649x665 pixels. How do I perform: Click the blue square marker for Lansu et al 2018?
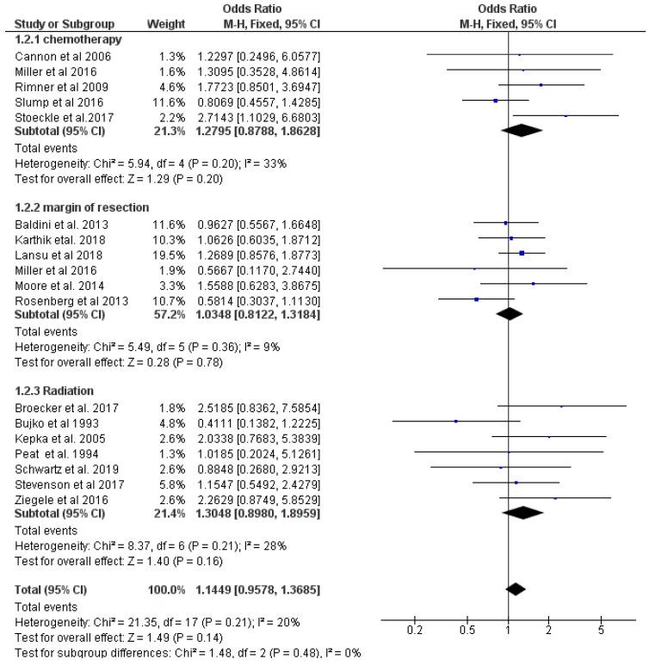coord(522,253)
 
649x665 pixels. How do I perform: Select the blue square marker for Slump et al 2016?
coord(496,100)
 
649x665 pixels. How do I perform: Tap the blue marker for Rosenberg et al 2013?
coord(476,299)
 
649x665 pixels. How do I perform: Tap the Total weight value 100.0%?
coord(158,589)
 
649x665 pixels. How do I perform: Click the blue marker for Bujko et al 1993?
coord(455,421)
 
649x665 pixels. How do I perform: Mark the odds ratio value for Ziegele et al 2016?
coord(250,498)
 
